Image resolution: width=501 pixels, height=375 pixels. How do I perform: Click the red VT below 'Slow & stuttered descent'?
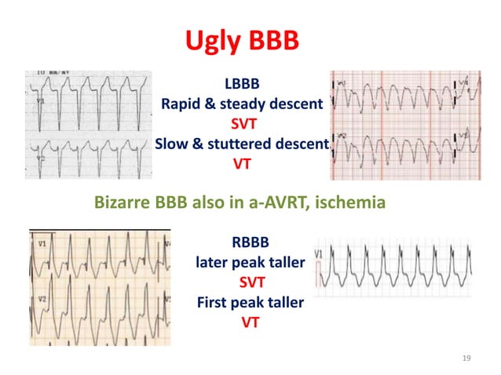point(241,165)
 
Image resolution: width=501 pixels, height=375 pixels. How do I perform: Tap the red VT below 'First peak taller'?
point(251,322)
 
